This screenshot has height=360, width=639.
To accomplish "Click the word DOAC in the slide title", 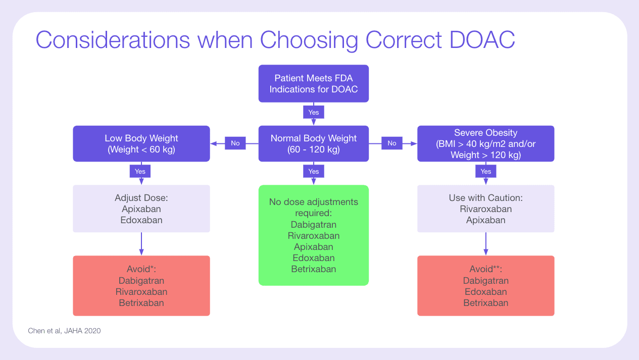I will click(482, 40).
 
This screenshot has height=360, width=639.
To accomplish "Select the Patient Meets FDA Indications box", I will click(313, 84).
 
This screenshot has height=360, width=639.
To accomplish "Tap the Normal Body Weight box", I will click(313, 144).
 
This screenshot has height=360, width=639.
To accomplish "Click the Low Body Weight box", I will click(141, 144).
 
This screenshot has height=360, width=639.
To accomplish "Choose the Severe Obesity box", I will click(485, 144).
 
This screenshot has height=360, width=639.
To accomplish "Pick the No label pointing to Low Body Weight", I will click(235, 143).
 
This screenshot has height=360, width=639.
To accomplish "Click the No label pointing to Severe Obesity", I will click(392, 143).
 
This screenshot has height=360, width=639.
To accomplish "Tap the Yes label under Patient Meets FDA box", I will click(314, 112).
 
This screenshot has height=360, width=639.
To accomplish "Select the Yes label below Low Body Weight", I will click(140, 172).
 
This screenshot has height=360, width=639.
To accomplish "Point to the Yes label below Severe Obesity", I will click(486, 172).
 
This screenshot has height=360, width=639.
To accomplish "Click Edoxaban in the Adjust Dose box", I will click(141, 220).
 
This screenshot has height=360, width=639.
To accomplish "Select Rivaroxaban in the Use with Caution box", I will click(485, 209).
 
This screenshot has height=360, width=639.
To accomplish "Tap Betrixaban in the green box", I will click(313, 269).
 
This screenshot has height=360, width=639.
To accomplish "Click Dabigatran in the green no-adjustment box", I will click(313, 225).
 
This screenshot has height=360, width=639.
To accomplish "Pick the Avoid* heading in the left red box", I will click(141, 269).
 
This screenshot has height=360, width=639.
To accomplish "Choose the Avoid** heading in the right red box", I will click(485, 269).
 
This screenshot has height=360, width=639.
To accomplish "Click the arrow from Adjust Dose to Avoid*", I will click(141, 244).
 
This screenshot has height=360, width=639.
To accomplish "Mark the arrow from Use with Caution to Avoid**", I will click(486, 244).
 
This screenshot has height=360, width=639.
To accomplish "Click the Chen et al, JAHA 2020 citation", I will click(64, 331).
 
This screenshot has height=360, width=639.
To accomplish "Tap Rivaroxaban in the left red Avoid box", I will click(141, 292).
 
